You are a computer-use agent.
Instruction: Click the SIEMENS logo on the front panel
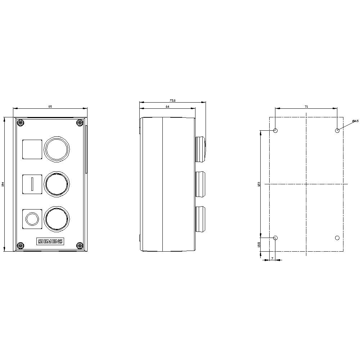[x=50, y=242]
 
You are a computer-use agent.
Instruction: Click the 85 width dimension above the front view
[x=50, y=106]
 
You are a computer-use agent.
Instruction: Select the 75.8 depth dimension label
[x=172, y=101]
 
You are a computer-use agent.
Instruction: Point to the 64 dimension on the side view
[x=167, y=107]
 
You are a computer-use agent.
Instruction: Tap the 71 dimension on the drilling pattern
[x=306, y=107]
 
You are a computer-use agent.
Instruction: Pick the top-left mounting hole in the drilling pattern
[x=276, y=130]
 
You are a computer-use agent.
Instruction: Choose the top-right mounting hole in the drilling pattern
[x=337, y=130]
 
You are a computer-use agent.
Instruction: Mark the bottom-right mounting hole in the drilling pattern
[x=337, y=238]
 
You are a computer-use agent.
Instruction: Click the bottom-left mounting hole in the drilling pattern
[x=276, y=238]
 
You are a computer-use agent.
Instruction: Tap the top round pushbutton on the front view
[x=57, y=149]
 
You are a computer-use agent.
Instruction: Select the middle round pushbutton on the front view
[x=57, y=184]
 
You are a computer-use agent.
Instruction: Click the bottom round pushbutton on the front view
[x=57, y=219]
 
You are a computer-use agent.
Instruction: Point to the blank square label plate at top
[x=32, y=149]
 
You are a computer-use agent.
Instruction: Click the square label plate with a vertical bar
[x=32, y=184]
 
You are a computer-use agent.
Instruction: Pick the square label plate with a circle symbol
[x=32, y=219]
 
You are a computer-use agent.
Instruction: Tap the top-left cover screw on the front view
[x=21, y=123]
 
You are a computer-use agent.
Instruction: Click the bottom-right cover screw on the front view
[x=80, y=246]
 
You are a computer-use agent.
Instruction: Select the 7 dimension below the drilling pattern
[x=272, y=258]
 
